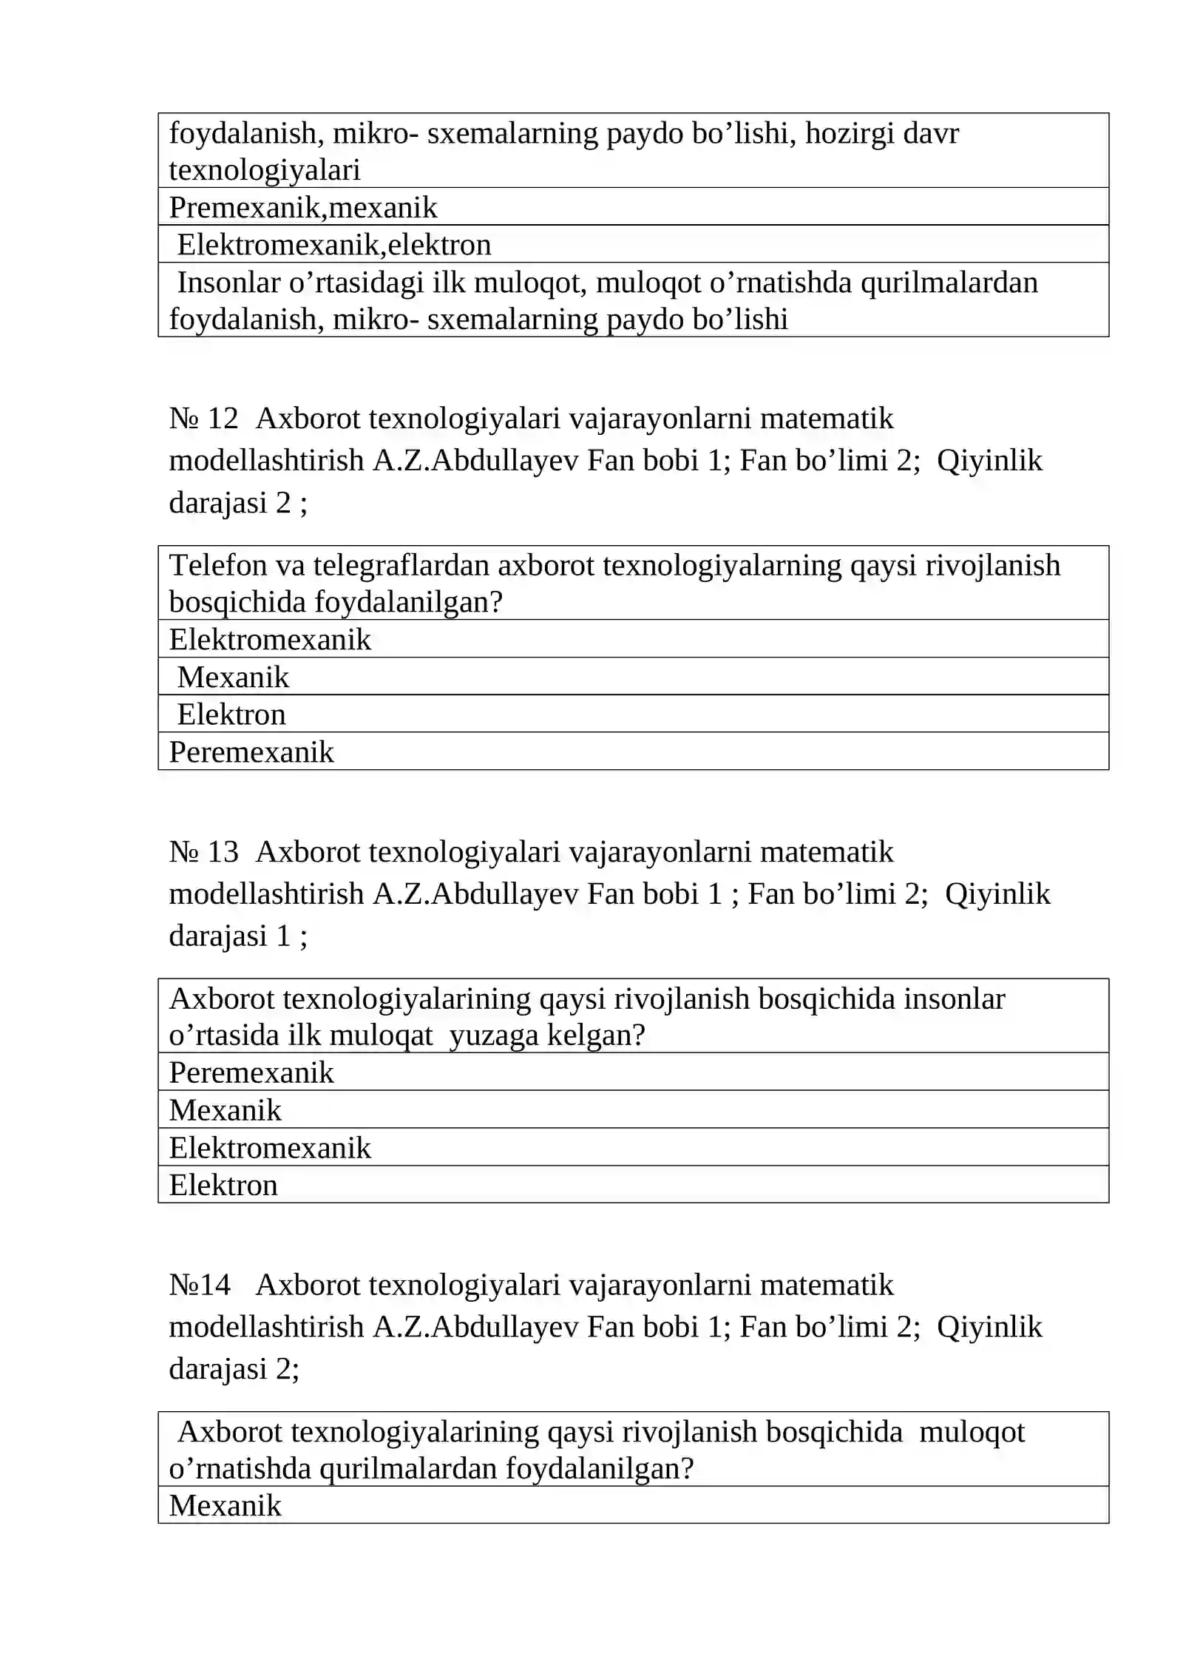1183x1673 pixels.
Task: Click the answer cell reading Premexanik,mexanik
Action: click(x=303, y=208)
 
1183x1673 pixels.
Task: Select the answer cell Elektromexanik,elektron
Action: click(x=333, y=245)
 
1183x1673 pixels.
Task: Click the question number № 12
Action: click(x=203, y=419)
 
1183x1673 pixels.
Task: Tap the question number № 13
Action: click(x=203, y=852)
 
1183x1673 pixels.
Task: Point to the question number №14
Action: click(x=200, y=1285)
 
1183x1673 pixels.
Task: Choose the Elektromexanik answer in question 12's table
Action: click(x=270, y=640)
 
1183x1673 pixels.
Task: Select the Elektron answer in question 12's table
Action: click(x=231, y=714)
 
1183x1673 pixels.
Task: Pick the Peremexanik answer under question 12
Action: click(x=251, y=752)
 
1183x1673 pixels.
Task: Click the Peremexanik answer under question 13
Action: click(x=251, y=1072)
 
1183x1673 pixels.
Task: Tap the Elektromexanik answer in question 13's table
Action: click(x=270, y=1148)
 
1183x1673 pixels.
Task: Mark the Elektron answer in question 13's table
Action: click(x=223, y=1185)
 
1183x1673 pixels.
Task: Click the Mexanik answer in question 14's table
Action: click(x=226, y=1505)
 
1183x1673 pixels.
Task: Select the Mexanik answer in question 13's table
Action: click(x=226, y=1110)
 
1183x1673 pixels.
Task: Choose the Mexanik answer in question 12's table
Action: click(x=233, y=677)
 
